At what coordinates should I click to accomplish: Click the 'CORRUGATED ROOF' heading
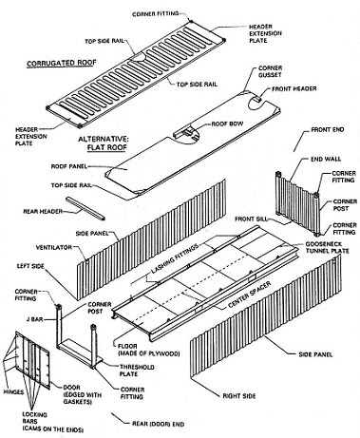point(62,63)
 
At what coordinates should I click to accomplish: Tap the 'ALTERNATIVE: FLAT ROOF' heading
point(103,143)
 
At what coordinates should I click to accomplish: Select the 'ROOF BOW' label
point(227,124)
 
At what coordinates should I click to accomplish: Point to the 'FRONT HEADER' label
point(294,88)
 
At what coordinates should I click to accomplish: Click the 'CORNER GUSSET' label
point(270,71)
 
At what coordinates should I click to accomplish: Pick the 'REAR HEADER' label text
point(43,211)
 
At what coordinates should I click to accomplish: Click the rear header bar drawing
point(85,208)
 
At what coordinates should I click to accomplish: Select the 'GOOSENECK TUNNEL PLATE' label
point(327,248)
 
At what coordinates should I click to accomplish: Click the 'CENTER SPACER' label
point(250,295)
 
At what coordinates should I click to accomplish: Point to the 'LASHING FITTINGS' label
point(175,258)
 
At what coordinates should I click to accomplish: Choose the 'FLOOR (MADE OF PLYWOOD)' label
point(148,350)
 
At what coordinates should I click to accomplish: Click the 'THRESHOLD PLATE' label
point(137,371)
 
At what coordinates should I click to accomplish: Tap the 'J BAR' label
point(34,319)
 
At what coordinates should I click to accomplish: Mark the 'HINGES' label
point(13,391)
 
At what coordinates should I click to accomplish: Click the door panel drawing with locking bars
point(32,360)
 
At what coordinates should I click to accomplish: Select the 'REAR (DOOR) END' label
point(158,424)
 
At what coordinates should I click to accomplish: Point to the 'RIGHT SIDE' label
point(239,396)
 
